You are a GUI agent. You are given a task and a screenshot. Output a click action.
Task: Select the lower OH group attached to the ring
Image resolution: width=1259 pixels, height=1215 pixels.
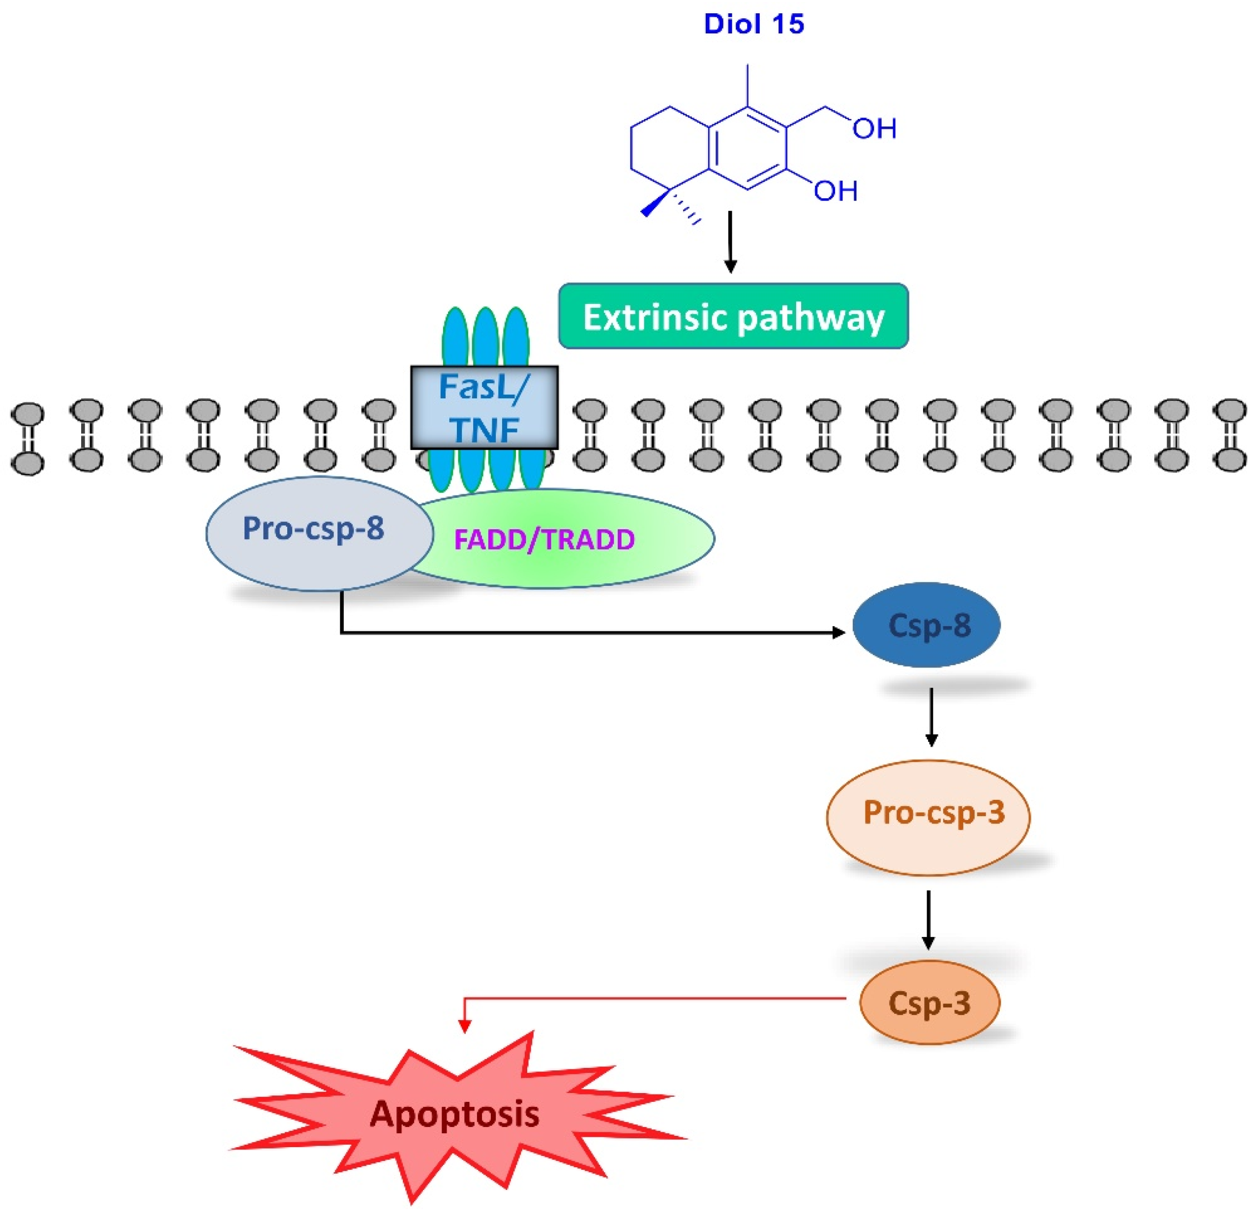[836, 191]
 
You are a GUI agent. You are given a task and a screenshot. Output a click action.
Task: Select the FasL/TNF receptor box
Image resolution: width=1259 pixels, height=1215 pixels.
[484, 407]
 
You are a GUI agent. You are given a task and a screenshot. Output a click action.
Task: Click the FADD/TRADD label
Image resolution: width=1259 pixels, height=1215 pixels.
[544, 540]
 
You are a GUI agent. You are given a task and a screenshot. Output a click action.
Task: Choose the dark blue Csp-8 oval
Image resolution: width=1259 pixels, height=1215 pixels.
[926, 625]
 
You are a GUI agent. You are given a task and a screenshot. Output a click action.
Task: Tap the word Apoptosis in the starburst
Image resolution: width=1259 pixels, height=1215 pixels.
[454, 1114]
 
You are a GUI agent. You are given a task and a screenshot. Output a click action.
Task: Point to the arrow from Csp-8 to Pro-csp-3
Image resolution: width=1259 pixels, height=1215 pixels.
[931, 716]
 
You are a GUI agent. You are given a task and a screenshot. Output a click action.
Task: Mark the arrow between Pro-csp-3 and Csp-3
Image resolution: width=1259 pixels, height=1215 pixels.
[928, 919]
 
